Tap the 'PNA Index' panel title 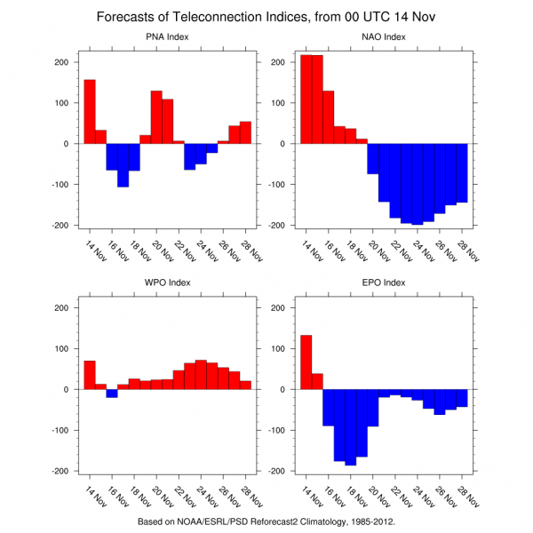[x=167, y=36]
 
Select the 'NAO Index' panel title [x=384, y=36]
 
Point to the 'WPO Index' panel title [x=167, y=282]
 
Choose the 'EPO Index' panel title [x=384, y=282]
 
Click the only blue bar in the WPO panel [x=112, y=393]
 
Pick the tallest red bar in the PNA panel [x=90, y=111]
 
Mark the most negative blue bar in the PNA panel [x=123, y=164]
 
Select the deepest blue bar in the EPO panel [x=350, y=426]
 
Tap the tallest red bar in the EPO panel [x=306, y=362]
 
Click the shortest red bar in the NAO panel [x=362, y=140]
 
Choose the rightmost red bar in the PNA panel [x=245, y=132]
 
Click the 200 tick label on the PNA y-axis [x=61, y=62]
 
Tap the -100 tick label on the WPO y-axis [x=59, y=430]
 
